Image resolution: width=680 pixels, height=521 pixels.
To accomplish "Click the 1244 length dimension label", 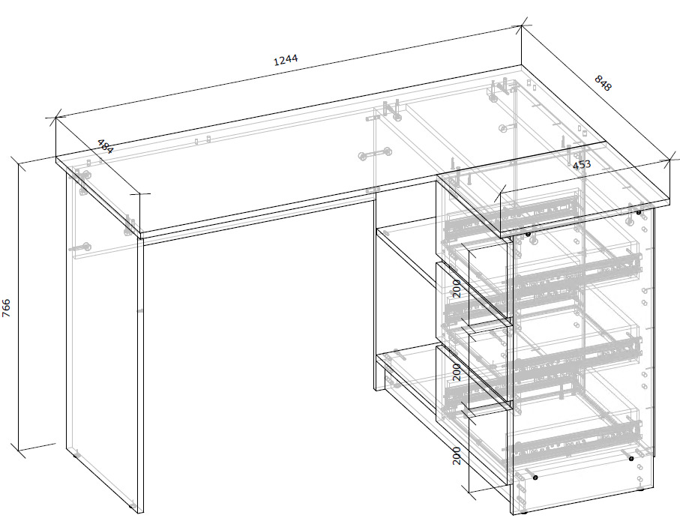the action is click(286, 59).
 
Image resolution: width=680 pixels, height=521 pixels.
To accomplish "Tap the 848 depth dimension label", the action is click(602, 83).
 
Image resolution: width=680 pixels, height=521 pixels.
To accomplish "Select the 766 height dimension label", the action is click(7, 308).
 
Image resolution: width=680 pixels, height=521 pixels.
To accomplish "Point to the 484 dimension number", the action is click(105, 147).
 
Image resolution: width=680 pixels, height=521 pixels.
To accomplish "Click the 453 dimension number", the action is click(582, 165).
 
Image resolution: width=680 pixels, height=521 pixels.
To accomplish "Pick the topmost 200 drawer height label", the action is click(457, 289).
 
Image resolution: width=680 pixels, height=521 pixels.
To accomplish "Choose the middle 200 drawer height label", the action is click(457, 373).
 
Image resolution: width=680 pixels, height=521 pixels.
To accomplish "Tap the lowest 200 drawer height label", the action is click(457, 456).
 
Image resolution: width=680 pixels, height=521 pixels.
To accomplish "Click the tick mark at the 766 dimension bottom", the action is click(18, 451).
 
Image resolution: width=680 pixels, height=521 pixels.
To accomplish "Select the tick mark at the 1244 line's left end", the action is click(55, 117).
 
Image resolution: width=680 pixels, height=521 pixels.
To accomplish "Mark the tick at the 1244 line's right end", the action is click(521, 26).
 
